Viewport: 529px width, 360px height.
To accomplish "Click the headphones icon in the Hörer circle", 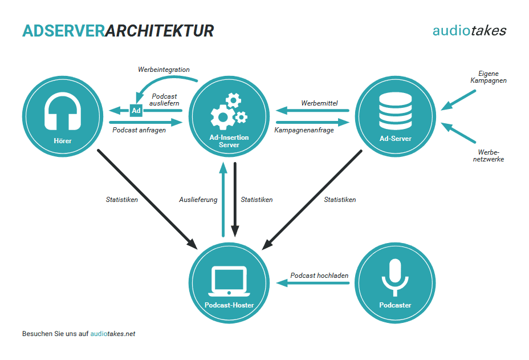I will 62,112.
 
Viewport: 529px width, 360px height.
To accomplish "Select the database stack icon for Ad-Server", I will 395,112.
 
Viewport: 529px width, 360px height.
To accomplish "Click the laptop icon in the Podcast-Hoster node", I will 229,280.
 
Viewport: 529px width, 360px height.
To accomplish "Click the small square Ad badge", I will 136,110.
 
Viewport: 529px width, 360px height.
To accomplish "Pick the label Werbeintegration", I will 164,70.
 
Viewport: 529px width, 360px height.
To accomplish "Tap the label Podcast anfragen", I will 139,130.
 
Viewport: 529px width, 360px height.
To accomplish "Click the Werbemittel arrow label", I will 319,103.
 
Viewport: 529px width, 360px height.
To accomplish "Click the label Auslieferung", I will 198,200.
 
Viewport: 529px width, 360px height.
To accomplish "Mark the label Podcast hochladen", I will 319,276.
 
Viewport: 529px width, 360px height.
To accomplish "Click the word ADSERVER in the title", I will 63,31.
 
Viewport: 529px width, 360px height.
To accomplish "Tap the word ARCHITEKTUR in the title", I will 160,31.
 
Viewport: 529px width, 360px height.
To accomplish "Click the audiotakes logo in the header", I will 469,31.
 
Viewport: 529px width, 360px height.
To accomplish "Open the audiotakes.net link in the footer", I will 113,334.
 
